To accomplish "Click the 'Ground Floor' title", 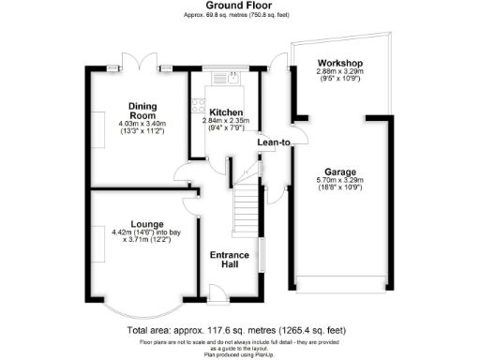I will point(239,7).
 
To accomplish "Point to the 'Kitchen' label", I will point(226,112).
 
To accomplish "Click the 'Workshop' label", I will point(338,64).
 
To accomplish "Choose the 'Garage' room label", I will point(339,172).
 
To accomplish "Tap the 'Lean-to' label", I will point(274,142).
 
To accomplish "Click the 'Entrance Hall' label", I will point(228,260).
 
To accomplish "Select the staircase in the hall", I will point(246,202).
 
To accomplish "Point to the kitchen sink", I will point(228,79).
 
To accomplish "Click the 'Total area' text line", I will point(239,330).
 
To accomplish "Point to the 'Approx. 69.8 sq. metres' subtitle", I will point(239,17).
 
